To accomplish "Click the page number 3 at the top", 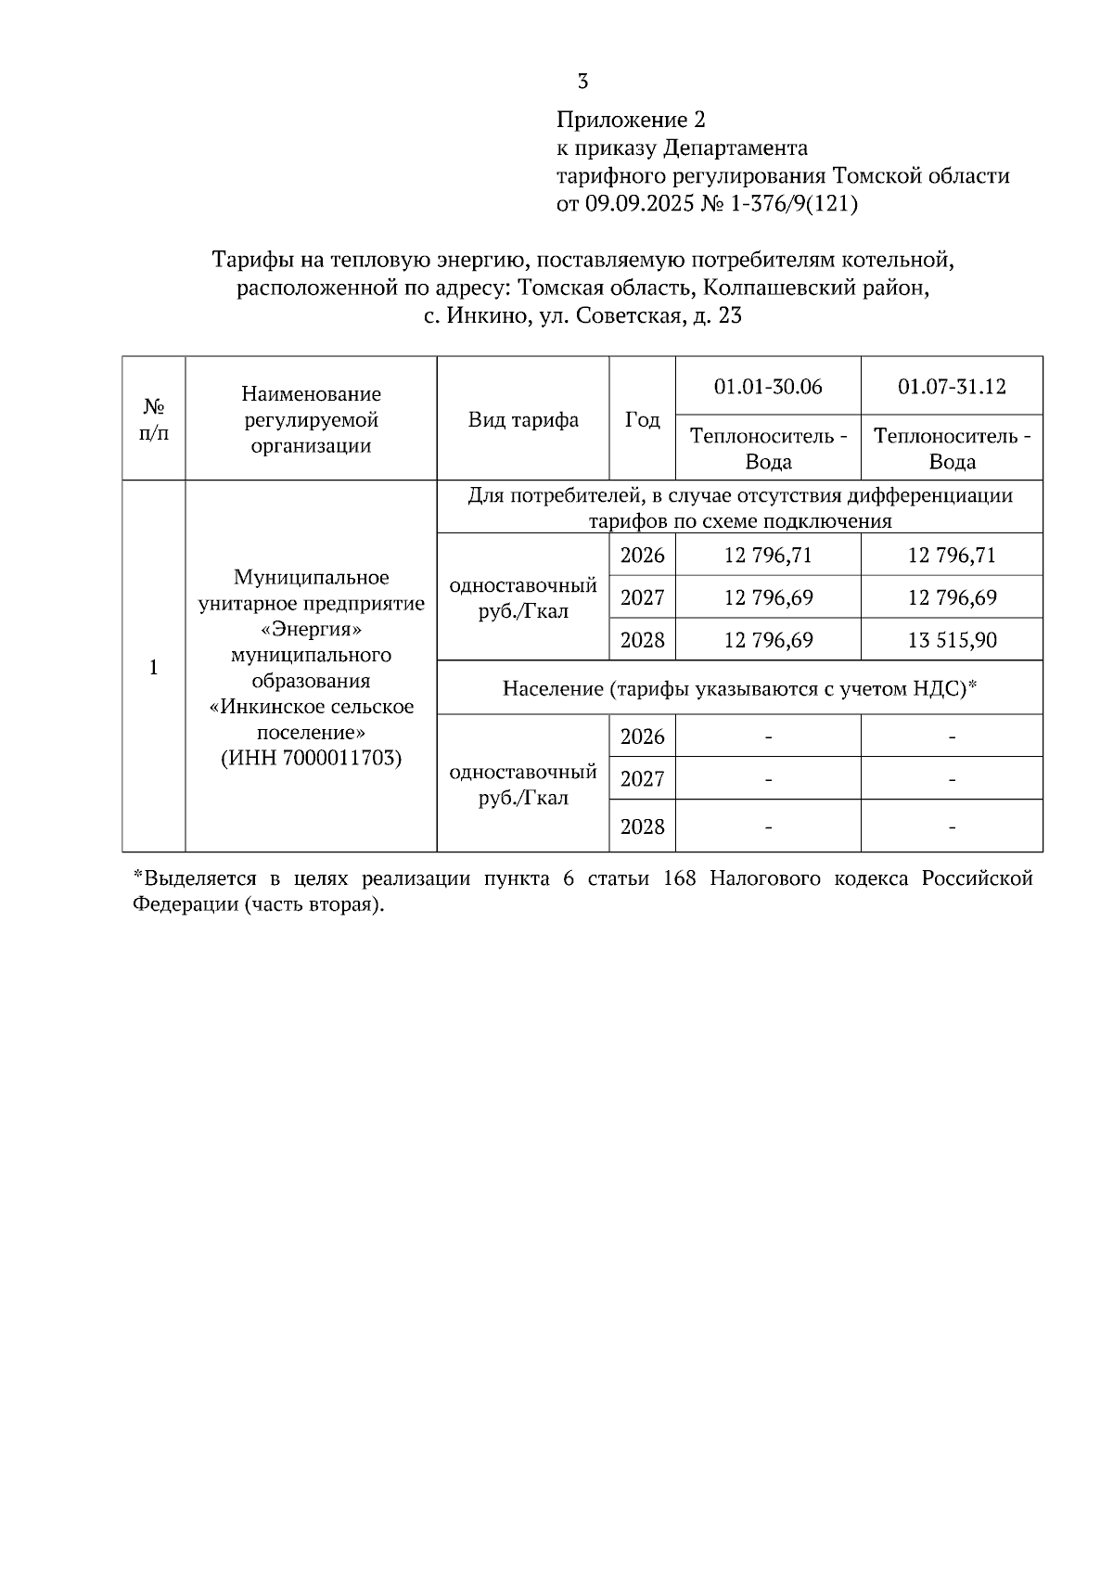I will (x=582, y=82).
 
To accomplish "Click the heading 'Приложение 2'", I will (x=631, y=120).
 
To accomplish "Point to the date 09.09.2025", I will (x=639, y=203).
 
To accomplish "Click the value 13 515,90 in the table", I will (x=952, y=640).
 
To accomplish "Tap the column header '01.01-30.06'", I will (x=768, y=387).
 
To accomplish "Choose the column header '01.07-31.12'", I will (x=952, y=387).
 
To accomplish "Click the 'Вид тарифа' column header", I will (x=523, y=420).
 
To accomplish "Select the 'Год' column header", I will (x=642, y=420).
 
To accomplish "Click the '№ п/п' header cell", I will (x=154, y=419).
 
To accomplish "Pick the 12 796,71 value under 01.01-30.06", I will (x=768, y=556).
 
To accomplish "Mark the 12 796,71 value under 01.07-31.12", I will (x=952, y=556).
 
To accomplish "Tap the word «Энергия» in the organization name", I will (x=311, y=630).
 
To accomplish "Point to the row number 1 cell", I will (x=154, y=668).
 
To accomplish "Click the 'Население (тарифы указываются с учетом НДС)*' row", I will (x=740, y=688).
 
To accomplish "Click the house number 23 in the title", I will (x=730, y=316).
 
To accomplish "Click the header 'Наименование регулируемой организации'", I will (x=311, y=420).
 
